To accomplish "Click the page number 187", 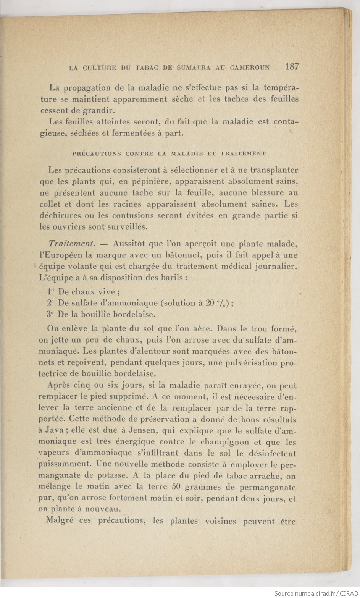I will [292, 67].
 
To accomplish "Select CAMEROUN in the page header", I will [250, 68].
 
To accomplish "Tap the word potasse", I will [109, 476].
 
